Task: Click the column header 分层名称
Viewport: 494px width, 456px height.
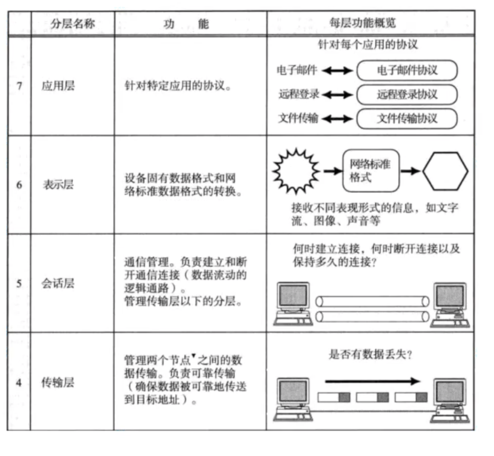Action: [73, 24]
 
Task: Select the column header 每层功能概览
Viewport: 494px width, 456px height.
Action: [371, 24]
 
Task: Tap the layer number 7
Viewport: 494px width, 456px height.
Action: [19, 86]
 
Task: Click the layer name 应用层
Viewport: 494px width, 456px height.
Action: [58, 86]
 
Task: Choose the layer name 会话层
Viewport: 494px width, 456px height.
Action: [58, 283]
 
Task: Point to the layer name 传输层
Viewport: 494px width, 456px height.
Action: [58, 382]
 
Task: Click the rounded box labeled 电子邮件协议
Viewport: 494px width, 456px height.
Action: [407, 71]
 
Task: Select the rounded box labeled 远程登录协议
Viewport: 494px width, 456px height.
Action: [407, 95]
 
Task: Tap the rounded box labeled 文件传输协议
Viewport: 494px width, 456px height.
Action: [407, 119]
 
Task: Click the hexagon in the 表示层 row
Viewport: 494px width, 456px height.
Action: [445, 171]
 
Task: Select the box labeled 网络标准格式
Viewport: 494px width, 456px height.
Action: [371, 170]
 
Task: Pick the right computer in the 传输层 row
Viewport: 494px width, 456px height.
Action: [449, 400]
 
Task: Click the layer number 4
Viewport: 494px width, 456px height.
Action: [19, 382]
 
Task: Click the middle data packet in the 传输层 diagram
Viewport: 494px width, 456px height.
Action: [372, 398]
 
